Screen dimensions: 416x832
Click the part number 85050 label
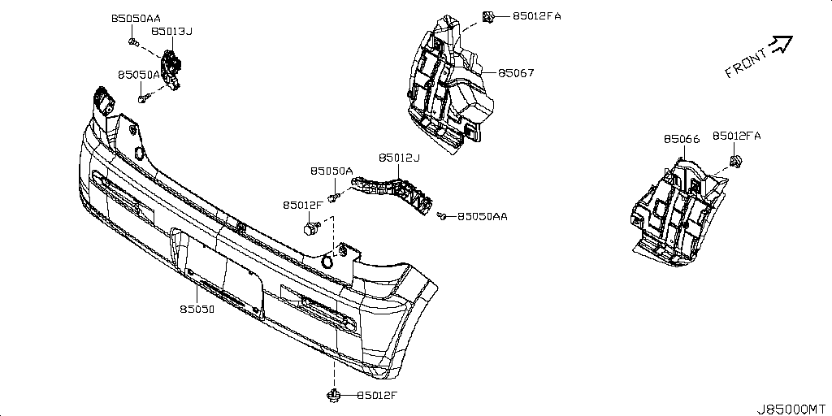tap(197, 310)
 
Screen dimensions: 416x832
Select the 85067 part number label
tap(516, 73)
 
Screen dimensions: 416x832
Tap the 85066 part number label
tap(681, 139)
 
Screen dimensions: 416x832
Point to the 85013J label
tap(171, 32)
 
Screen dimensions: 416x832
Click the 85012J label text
tap(399, 158)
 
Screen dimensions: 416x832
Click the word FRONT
tap(745, 63)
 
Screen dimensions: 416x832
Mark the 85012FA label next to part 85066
tap(738, 136)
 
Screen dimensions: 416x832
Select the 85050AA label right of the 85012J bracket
tap(483, 217)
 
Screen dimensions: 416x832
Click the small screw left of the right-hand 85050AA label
tap(441, 216)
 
